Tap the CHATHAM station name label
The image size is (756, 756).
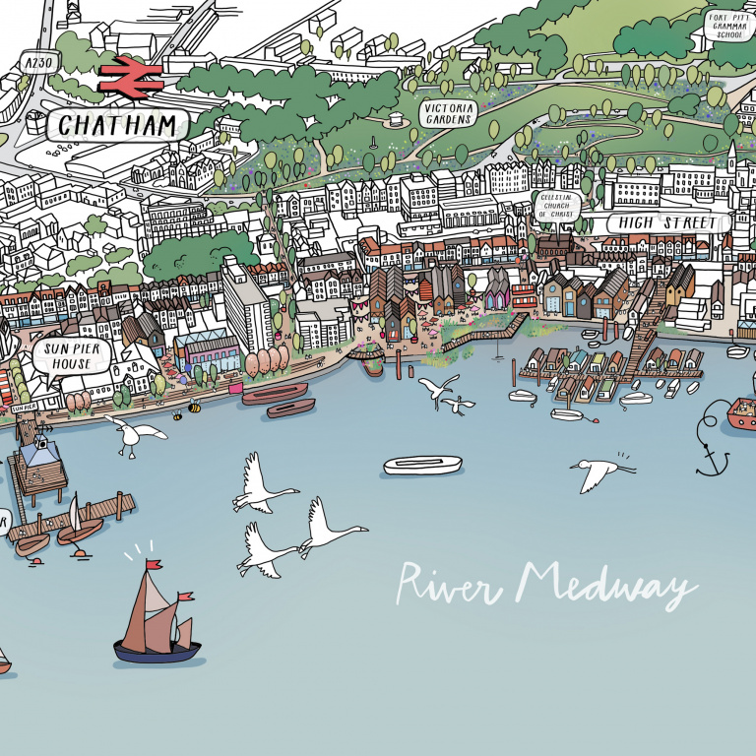coord(117,125)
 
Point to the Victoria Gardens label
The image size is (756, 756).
coord(448,113)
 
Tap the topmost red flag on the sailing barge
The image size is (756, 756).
coord(153,565)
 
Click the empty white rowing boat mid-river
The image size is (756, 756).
coord(422,465)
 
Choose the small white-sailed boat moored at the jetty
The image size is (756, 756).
coord(76,522)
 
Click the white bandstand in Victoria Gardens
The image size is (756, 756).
coord(397,118)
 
